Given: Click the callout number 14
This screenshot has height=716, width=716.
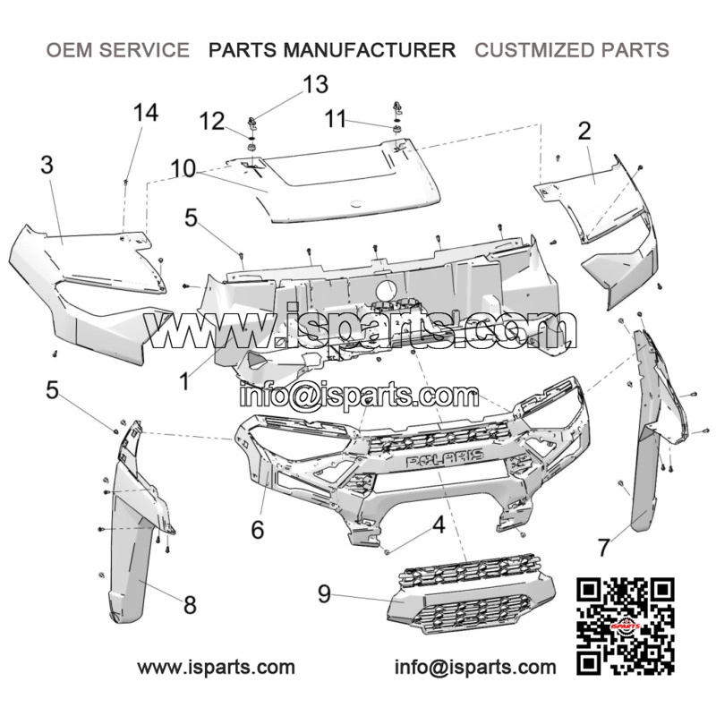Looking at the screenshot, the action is pyautogui.click(x=146, y=113).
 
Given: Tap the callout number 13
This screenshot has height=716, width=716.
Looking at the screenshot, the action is pyautogui.click(x=316, y=84).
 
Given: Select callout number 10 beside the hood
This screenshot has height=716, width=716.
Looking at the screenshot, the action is pyautogui.click(x=183, y=168).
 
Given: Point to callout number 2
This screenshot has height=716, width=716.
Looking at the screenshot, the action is pyautogui.click(x=584, y=131).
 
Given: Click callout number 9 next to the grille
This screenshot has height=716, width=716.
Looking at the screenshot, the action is pyautogui.click(x=324, y=594).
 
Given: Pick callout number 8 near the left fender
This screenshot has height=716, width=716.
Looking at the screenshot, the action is pyautogui.click(x=190, y=605).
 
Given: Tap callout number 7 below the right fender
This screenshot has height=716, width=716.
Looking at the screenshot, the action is pyautogui.click(x=603, y=548).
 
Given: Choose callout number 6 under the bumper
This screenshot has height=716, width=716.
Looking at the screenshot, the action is pyautogui.click(x=258, y=530).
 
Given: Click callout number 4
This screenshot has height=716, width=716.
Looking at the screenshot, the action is pyautogui.click(x=439, y=525).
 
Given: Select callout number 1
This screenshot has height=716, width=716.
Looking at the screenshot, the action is pyautogui.click(x=184, y=382).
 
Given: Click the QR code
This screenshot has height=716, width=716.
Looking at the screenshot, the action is pyautogui.click(x=625, y=626).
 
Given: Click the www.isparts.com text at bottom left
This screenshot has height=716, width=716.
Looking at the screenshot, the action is pyautogui.click(x=216, y=668).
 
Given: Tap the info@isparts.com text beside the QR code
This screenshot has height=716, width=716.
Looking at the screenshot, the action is pyautogui.click(x=475, y=668).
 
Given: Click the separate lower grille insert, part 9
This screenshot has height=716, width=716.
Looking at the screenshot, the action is pyautogui.click(x=472, y=594).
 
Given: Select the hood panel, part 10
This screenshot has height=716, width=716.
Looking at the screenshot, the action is pyautogui.click(x=333, y=183).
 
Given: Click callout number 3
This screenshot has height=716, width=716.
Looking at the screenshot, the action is pyautogui.click(x=47, y=165).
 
